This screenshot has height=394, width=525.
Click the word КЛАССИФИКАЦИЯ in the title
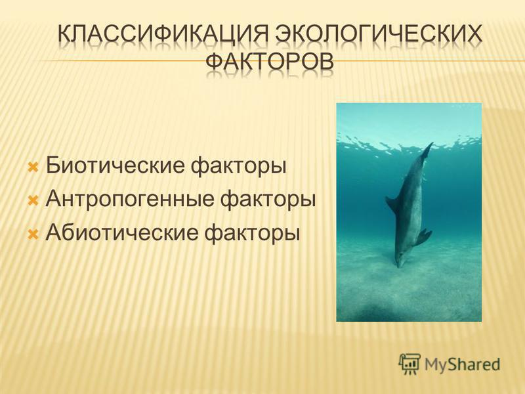pos(163,34)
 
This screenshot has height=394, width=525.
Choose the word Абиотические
pos(122,232)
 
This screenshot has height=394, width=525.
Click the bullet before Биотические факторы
pos(33,167)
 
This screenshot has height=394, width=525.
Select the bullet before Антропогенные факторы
pos(33,200)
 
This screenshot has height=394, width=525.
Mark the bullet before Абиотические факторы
pos(33,234)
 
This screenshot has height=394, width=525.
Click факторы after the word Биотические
pos(239,167)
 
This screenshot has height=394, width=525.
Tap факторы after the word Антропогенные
pos(268,200)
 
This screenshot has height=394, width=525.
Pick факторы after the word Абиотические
pos(252,234)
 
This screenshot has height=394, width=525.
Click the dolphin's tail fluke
pos(428,150)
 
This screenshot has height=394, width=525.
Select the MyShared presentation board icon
pos(409,364)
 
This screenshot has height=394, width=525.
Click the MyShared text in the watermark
pos(462,364)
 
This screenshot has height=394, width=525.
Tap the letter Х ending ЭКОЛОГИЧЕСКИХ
pos(474,34)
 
